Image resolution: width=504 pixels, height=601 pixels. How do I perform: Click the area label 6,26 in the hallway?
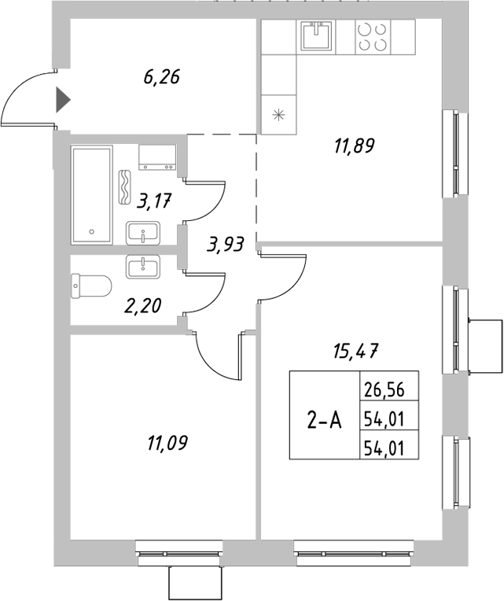(162, 77)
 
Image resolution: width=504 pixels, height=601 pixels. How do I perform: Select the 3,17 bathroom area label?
(154, 201)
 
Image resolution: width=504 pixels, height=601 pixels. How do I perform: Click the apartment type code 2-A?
(324, 421)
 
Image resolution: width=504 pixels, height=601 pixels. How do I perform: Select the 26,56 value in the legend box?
(387, 387)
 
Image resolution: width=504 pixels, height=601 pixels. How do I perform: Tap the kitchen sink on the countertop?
(318, 35)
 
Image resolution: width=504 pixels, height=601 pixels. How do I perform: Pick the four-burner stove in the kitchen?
(372, 36)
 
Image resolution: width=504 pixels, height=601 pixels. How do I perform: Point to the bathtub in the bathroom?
(93, 194)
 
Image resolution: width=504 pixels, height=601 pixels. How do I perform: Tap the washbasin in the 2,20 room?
(144, 267)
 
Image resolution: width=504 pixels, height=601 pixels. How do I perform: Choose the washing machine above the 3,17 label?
(159, 158)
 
